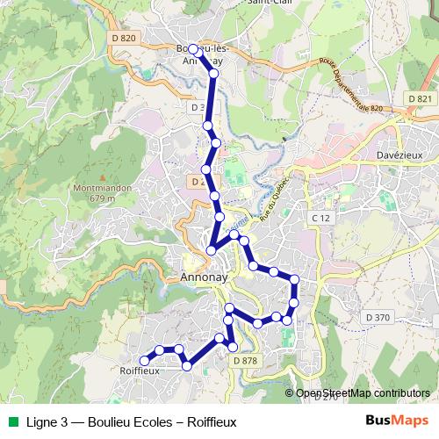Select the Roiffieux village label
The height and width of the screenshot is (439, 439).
139,371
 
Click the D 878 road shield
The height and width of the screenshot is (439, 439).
245,360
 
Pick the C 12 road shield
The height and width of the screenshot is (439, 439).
319,216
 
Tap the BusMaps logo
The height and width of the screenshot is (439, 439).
396,421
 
